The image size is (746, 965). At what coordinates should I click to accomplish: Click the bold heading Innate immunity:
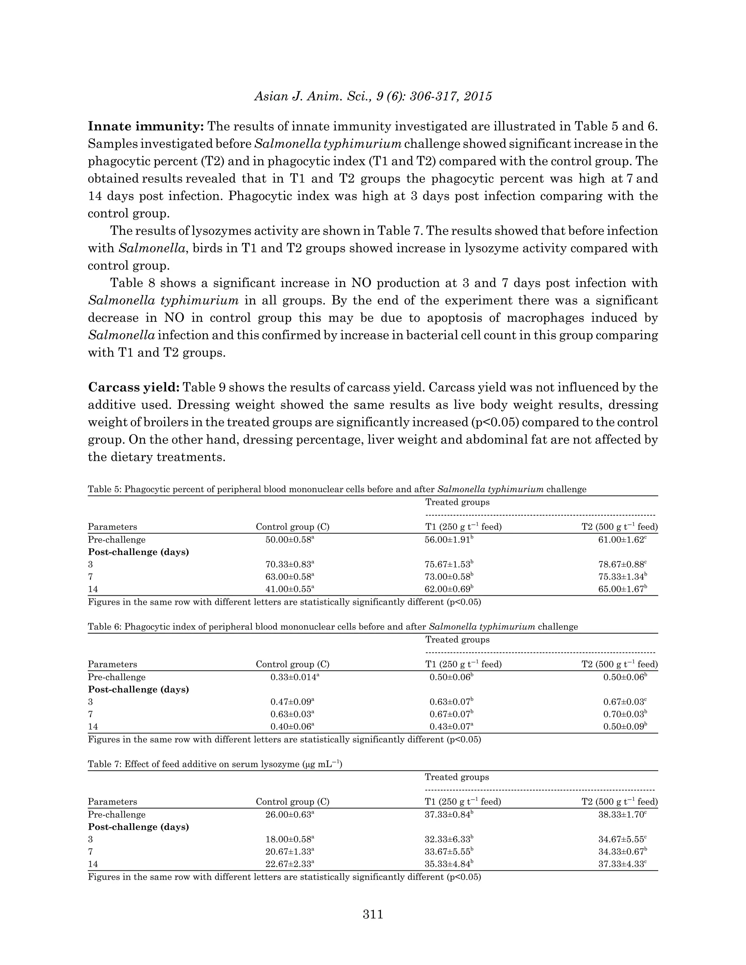click(145, 126)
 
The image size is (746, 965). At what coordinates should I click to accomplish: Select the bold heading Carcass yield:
click(133, 387)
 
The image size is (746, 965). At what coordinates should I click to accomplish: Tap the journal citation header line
click(373, 96)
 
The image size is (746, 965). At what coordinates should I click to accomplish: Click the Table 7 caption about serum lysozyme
click(215, 764)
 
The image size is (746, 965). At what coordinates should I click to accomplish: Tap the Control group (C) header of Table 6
click(292, 665)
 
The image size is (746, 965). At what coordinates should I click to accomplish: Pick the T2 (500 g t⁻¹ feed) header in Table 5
click(619, 527)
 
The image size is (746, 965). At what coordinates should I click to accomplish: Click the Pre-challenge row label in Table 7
click(116, 815)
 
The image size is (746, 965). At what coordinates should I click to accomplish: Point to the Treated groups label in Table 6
click(457, 640)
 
